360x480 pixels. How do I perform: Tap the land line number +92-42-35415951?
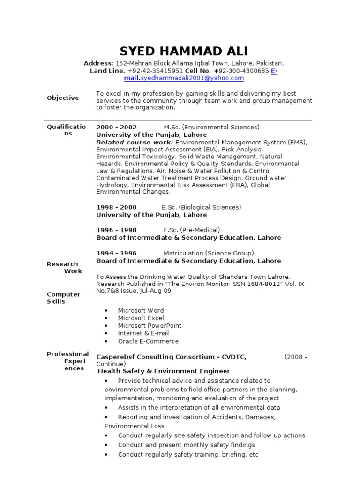(155, 71)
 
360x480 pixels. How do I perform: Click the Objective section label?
(63, 98)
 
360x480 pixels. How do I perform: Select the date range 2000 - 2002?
(116, 127)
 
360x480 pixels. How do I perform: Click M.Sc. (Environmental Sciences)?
(211, 127)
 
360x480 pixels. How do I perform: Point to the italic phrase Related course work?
(135, 142)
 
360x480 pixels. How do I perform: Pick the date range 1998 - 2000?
(116, 207)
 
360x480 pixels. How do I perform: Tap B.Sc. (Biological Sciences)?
(201, 207)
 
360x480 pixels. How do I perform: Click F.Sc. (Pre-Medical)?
(191, 230)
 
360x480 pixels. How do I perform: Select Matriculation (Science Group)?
(209, 253)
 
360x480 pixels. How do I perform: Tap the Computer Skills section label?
(63, 298)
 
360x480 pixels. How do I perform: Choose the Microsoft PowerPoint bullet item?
(150, 326)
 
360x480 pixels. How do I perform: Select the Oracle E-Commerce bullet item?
(148, 341)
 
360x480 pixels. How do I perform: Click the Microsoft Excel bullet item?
(141, 318)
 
